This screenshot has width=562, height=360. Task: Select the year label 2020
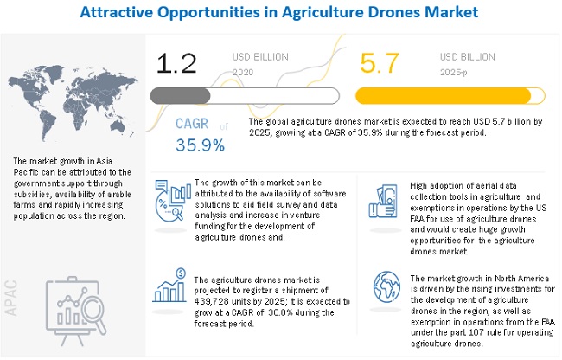[244, 73]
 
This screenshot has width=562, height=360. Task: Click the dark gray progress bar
[179, 95]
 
